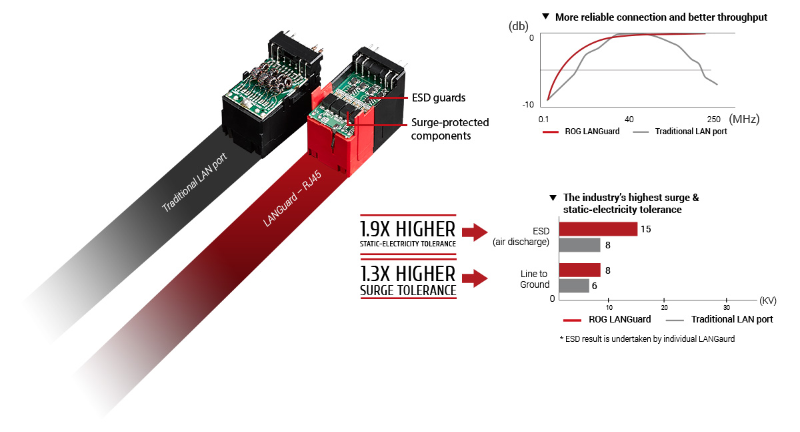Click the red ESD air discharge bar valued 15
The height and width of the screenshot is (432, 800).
coord(598,229)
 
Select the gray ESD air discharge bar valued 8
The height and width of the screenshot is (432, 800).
coord(579,245)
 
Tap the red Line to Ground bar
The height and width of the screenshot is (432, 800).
coord(579,270)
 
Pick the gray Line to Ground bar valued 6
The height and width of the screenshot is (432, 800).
coord(574,286)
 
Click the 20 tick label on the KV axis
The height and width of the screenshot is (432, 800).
coord(664,308)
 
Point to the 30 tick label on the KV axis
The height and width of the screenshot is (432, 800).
coord(727,308)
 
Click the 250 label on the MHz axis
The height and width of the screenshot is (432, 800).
coord(713,119)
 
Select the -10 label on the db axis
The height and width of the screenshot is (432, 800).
coord(528,104)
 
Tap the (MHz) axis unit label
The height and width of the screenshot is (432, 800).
coord(744,119)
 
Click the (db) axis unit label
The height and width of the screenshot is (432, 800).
coord(518,26)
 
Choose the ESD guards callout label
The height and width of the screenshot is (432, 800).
coord(439,97)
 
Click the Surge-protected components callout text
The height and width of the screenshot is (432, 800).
coord(450,129)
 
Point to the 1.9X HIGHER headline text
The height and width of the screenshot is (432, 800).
coord(407,229)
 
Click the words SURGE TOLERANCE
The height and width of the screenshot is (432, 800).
coord(408,290)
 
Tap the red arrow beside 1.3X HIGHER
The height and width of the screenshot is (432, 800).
coord(475,278)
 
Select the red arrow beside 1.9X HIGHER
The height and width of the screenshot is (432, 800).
coord(475,232)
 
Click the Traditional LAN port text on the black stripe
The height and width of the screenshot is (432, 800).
coord(195,182)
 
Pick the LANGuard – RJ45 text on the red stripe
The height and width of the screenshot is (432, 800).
coord(292,199)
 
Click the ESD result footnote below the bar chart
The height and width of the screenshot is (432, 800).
coord(647,339)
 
